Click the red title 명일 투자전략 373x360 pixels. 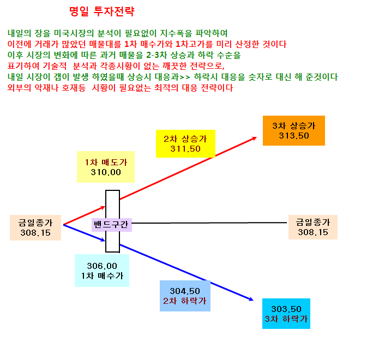(102, 11)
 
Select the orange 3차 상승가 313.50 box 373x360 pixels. (294, 130)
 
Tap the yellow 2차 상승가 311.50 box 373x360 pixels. (185, 143)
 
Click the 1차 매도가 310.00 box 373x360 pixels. (106, 167)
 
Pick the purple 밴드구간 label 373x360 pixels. (112, 225)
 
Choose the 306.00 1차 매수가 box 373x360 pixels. (102, 271)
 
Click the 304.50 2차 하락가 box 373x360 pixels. (185, 296)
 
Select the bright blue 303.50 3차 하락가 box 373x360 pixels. (286, 314)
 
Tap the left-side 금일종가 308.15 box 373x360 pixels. (35, 227)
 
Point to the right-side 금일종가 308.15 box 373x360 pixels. (313, 227)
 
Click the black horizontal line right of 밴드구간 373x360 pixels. (209, 223)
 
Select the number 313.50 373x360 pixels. (294, 136)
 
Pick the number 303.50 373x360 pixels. (286, 309)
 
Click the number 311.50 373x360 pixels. (185, 149)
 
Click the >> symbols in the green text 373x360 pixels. (185, 77)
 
